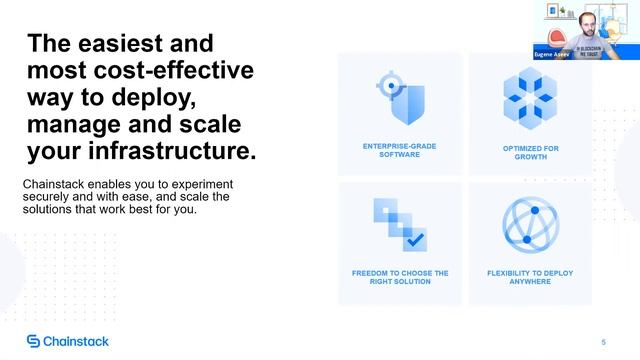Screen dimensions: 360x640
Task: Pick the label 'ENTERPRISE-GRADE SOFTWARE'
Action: pos(399,150)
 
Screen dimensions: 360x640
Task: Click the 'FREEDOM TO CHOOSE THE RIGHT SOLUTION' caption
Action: pos(399,277)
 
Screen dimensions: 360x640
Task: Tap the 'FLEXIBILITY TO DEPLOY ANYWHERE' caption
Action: pos(529,277)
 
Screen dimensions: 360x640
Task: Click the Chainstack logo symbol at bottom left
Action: pos(33,342)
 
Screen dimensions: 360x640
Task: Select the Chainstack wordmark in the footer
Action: pos(77,342)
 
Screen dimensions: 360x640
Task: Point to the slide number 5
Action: pos(603,342)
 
